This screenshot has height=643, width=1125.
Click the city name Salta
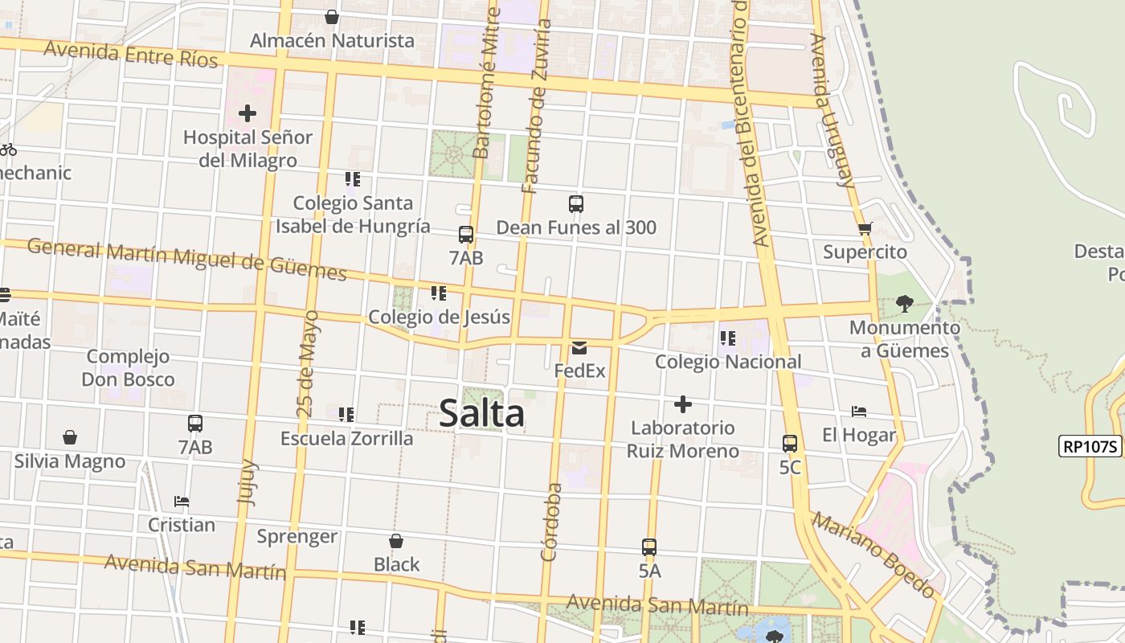point(482,414)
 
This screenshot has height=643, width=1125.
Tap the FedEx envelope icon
point(579,348)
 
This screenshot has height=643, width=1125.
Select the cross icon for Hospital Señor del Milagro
point(247,113)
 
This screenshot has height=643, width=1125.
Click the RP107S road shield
point(1090,446)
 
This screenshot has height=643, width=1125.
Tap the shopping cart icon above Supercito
point(865,229)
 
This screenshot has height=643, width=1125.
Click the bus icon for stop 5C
point(790,443)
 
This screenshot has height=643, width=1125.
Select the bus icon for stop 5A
point(649,547)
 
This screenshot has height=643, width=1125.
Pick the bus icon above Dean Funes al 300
point(576,204)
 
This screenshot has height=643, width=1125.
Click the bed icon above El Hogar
point(859,412)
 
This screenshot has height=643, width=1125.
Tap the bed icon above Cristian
point(182,502)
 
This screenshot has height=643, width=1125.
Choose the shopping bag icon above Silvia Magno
point(70,438)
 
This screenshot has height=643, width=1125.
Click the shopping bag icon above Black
point(396,541)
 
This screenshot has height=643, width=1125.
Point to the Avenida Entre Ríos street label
point(131,54)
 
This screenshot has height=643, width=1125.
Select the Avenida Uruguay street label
point(832,110)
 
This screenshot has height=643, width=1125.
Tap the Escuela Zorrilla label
point(346,438)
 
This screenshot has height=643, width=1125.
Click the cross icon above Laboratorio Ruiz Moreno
point(683,404)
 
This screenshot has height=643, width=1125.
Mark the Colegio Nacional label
point(728,362)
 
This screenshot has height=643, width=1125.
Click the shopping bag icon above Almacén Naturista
point(332,17)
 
